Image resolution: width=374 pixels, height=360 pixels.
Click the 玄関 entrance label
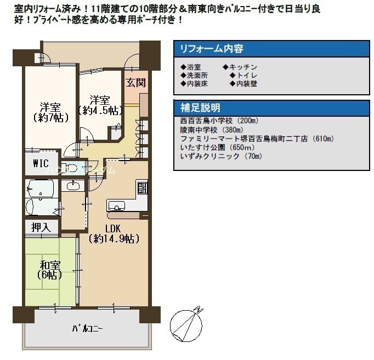pyautogui.click(x=135, y=83)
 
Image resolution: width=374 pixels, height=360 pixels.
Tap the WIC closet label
pyautogui.click(x=41, y=163)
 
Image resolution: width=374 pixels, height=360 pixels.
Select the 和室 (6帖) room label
pyautogui.click(x=50, y=270)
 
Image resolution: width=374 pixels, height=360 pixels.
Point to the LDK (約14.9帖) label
pyautogui.click(x=114, y=233)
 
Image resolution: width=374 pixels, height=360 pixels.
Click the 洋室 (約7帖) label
pyautogui.click(x=50, y=112)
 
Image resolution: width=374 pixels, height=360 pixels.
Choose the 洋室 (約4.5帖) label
pyautogui.click(x=100, y=105)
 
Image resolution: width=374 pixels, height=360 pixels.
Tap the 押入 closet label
pyautogui.click(x=41, y=227)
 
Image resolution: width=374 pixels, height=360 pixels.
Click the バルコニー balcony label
pyautogui.click(x=88, y=329)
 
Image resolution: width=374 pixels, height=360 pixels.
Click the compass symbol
pyautogui.click(x=186, y=325)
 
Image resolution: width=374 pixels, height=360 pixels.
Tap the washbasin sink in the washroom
pyautogui.click(x=73, y=186)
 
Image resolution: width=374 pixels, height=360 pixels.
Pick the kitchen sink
pyautogui.click(x=116, y=205)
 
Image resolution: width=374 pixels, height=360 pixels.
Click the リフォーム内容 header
pyautogui.click(x=212, y=49)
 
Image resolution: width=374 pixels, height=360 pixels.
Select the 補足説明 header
pyautogui.click(x=200, y=108)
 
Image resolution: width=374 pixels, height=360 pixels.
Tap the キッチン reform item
pyautogui.click(x=240, y=67)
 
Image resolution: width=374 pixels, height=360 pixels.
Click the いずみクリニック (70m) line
pyautogui.click(x=222, y=157)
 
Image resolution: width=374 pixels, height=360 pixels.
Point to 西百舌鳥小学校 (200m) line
pyautogui.click(x=219, y=121)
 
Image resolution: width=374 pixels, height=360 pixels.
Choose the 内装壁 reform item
pyautogui.click(x=243, y=84)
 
